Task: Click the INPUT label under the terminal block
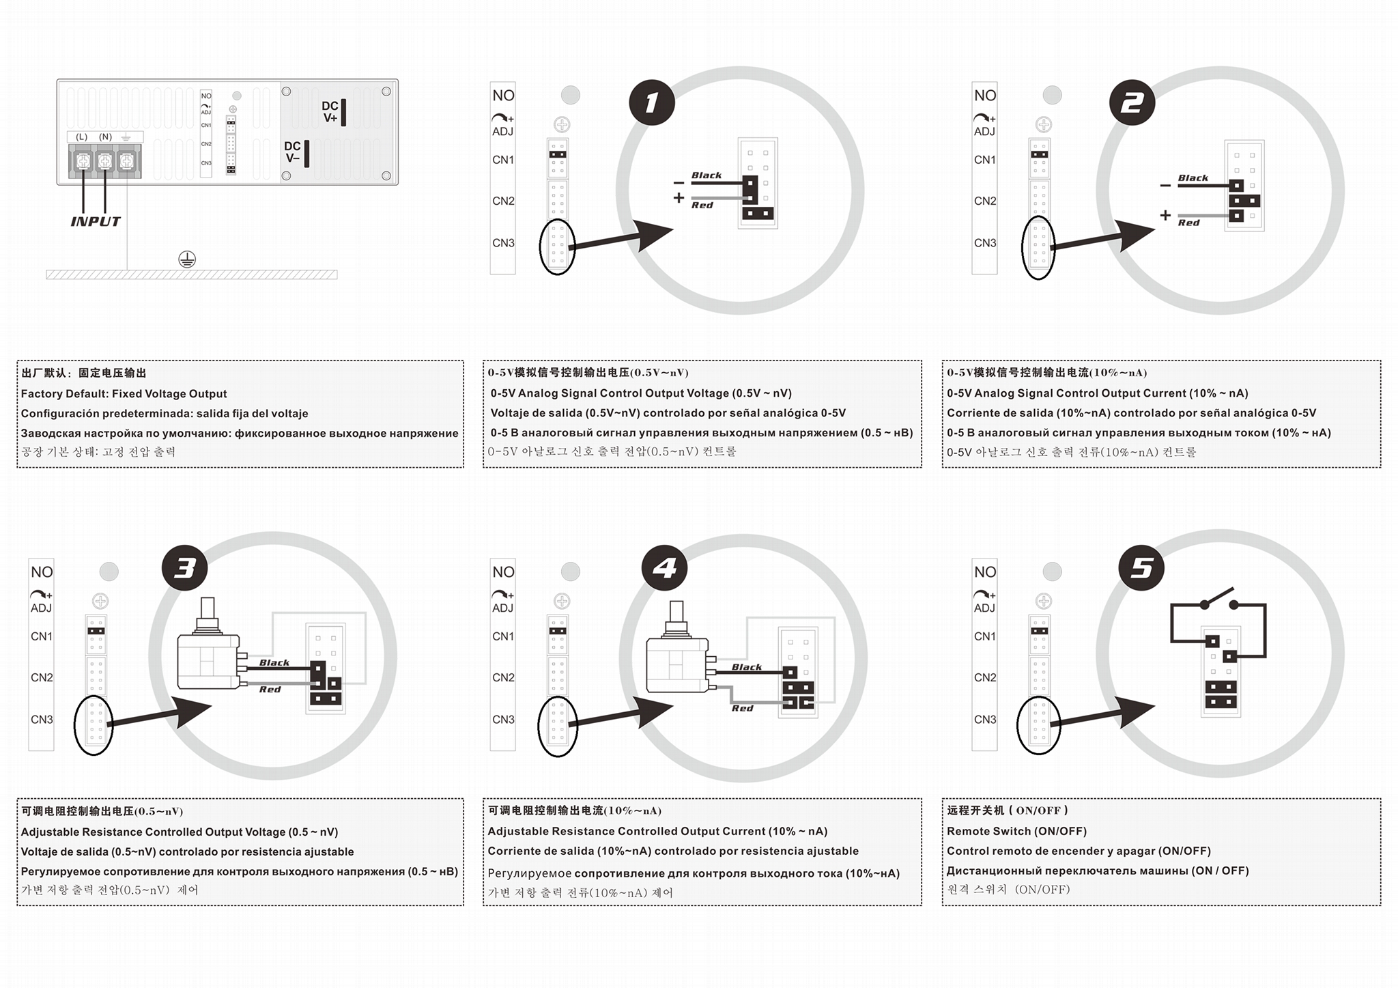pyautogui.click(x=96, y=221)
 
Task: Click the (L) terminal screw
pyautogui.click(x=83, y=162)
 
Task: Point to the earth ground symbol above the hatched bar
pyautogui.click(x=187, y=259)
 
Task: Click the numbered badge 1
pyautogui.click(x=652, y=102)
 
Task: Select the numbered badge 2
pyautogui.click(x=1132, y=102)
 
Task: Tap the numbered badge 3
pyautogui.click(x=184, y=568)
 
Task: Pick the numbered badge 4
pyautogui.click(x=665, y=568)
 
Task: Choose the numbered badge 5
pyautogui.click(x=1141, y=568)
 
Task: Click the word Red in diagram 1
pyautogui.click(x=702, y=205)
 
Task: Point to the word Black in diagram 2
pyautogui.click(x=1193, y=178)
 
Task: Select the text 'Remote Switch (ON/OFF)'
pyautogui.click(x=1016, y=831)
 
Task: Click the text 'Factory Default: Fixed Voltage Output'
pyautogui.click(x=124, y=393)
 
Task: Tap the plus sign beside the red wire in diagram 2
pyautogui.click(x=1165, y=215)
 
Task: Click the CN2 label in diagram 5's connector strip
pyautogui.click(x=984, y=677)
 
